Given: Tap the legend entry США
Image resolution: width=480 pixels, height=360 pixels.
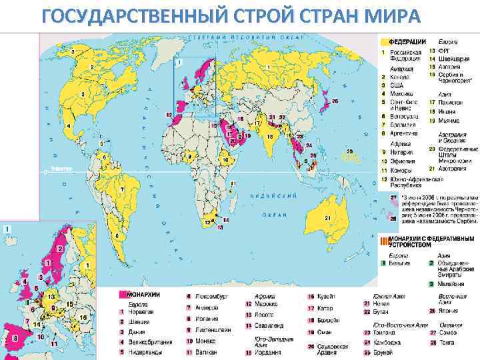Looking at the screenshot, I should tap(397, 85).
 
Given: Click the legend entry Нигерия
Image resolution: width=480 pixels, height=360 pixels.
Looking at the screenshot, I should tap(401, 152).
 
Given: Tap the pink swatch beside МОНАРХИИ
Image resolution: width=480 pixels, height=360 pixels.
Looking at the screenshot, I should tap(123, 294).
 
